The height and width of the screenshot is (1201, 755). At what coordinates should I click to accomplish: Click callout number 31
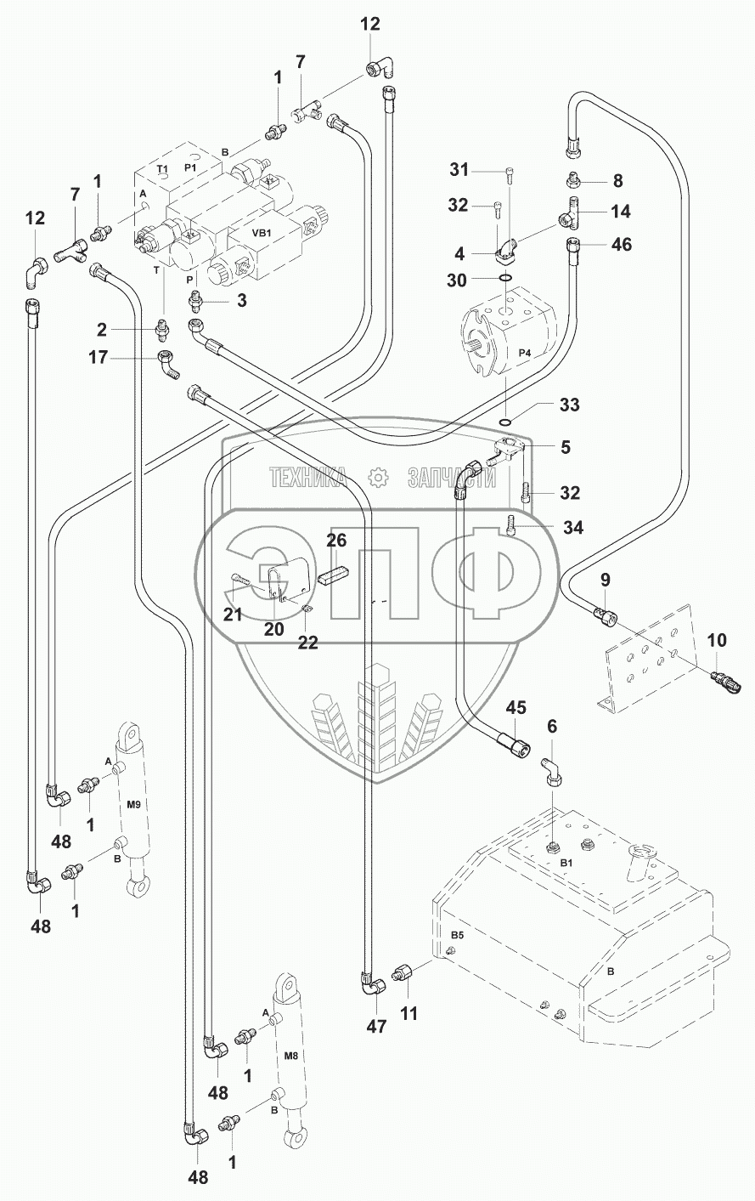(459, 170)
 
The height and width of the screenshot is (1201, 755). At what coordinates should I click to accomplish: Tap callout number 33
(569, 405)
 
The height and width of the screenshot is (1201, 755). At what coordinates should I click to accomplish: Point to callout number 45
(516, 708)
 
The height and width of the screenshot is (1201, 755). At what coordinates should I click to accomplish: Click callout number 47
(376, 1027)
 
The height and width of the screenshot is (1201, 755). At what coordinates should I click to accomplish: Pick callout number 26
(337, 541)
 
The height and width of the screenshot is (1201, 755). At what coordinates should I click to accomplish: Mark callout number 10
(718, 639)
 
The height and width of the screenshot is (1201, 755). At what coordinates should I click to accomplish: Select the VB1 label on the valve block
(261, 233)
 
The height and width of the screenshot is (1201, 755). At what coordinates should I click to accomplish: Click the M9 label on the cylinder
(132, 804)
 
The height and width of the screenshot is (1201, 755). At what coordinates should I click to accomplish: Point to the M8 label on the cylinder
(290, 1057)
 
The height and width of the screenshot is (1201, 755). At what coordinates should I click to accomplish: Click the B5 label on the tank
(456, 935)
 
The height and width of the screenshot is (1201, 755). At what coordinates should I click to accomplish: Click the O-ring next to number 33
(505, 421)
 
